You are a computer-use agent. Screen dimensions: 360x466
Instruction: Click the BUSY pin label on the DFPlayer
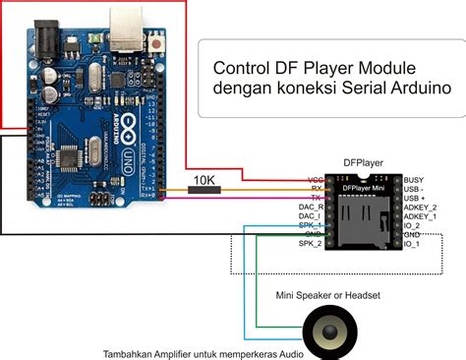pyautogui.click(x=416, y=180)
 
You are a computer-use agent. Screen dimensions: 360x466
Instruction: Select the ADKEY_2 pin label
pyautogui.click(x=422, y=208)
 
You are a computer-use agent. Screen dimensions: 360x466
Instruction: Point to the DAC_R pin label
pyautogui.click(x=311, y=208)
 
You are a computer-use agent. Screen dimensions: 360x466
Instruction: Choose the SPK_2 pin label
pyautogui.click(x=311, y=243)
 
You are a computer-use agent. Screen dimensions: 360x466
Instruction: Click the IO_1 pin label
pyautogui.click(x=415, y=243)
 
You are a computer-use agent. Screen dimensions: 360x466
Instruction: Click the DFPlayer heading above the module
pyautogui.click(x=363, y=161)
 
